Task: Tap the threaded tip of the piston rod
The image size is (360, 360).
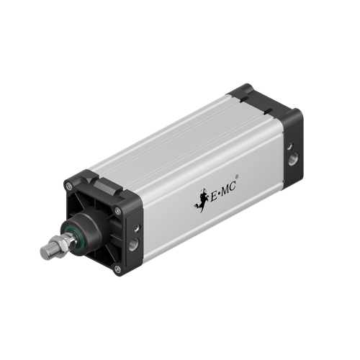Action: (x=45, y=253)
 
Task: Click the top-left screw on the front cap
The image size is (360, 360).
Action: (x=71, y=186)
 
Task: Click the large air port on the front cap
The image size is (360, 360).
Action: (x=133, y=246)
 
